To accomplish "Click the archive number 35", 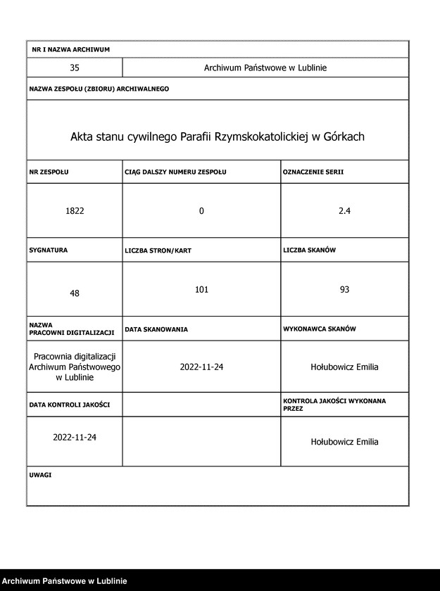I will [75, 68].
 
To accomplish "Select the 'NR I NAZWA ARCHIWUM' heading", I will [71, 50].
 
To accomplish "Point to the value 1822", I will [75, 211].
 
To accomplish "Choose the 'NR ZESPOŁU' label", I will [49, 172].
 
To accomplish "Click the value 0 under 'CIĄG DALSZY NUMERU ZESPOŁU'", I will [201, 211].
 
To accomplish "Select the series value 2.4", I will [344, 211].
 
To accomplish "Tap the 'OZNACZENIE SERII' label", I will [313, 172].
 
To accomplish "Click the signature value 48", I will [75, 293].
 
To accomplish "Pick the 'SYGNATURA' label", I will [49, 250].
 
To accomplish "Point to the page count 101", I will [201, 289].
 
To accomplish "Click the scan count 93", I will [344, 289].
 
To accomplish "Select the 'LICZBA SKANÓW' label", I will [310, 250].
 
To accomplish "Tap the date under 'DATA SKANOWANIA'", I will [201, 367].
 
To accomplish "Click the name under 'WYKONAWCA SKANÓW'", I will [344, 367].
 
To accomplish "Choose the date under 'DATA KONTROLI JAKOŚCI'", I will [75, 437].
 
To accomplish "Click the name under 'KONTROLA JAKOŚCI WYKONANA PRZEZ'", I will [344, 442].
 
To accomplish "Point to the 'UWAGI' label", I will [40, 475].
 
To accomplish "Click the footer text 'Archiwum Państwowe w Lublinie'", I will [64, 581].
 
